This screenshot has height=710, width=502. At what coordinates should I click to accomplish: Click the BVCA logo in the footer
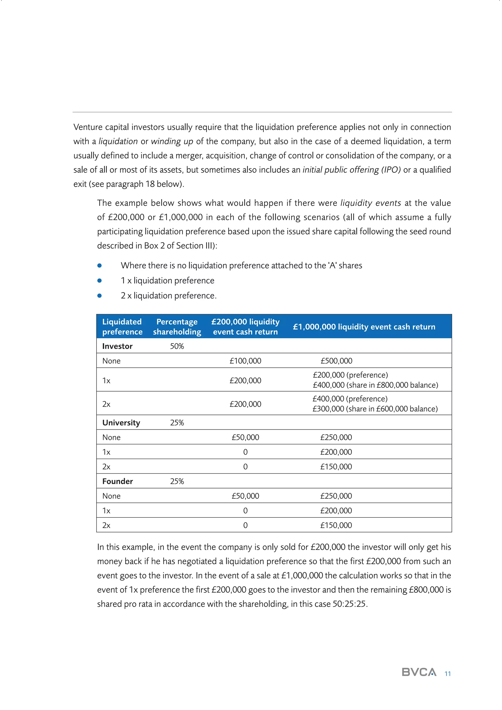tap(419, 672)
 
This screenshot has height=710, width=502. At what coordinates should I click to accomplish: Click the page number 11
tap(447, 674)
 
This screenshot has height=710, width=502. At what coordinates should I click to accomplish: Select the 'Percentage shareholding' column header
tap(177, 326)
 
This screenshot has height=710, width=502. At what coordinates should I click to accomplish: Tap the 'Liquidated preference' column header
tap(122, 326)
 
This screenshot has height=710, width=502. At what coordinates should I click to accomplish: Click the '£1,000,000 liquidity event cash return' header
tap(364, 326)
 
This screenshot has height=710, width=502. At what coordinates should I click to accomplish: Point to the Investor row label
tap(117, 346)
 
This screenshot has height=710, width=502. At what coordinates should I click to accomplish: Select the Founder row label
tap(117, 481)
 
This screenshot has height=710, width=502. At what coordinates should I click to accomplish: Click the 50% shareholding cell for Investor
tap(177, 346)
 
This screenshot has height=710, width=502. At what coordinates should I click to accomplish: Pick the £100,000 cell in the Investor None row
tap(245, 361)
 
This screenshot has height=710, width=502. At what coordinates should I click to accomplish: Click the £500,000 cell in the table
tap(336, 361)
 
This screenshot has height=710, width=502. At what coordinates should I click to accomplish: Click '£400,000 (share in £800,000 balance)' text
tap(375, 385)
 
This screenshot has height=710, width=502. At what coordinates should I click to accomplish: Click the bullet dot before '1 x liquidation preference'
tap(100, 281)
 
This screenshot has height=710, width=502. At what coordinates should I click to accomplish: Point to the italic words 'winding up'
tap(172, 141)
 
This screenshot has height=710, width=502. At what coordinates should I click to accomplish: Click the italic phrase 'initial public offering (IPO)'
tap(351, 170)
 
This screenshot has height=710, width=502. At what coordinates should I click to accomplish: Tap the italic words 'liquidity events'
tap(370, 203)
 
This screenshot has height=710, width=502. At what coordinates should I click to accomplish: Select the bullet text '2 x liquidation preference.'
tap(168, 296)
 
